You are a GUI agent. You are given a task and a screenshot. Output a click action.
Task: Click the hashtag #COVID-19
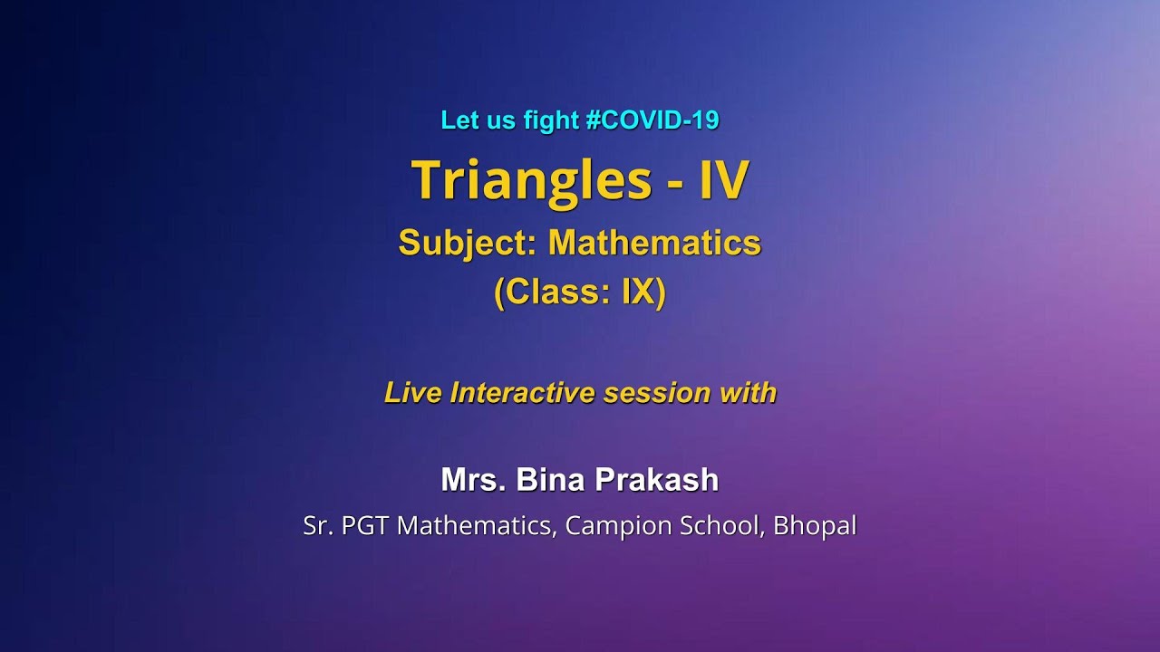(x=652, y=120)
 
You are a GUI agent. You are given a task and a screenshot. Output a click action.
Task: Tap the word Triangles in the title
(x=531, y=179)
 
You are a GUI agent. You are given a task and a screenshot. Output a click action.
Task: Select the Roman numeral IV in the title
(x=722, y=179)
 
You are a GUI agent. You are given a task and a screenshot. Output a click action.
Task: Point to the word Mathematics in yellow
(x=654, y=243)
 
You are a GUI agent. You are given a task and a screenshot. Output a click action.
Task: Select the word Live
(x=413, y=392)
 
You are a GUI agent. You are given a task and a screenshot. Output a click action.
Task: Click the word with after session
(x=748, y=392)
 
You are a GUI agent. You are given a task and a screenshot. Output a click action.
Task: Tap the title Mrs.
(x=474, y=480)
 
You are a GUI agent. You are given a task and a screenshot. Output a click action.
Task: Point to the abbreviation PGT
(x=366, y=526)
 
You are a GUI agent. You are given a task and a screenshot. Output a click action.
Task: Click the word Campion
(x=612, y=526)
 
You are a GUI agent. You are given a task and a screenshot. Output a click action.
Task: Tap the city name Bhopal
(x=815, y=526)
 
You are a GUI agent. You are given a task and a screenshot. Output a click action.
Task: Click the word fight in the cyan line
(x=551, y=120)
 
